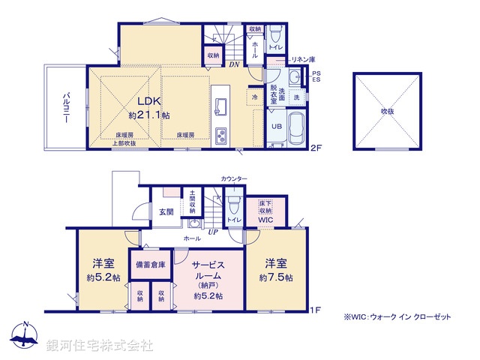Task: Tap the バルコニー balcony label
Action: [67, 109]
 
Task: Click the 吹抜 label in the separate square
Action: [386, 111]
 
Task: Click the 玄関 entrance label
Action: [166, 212]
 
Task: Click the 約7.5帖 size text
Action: [276, 277]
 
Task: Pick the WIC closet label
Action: [265, 220]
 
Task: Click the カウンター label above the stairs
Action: [232, 178]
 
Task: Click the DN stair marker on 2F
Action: [235, 64]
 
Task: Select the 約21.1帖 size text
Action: [149, 116]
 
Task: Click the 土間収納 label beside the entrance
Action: [193, 202]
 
